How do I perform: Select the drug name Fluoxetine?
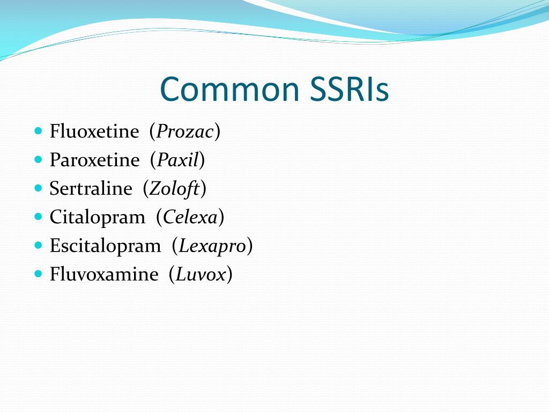(94, 131)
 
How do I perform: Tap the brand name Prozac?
(185, 131)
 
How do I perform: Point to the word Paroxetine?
(94, 160)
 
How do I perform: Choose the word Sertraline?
(91, 189)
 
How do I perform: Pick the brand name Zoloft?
(174, 189)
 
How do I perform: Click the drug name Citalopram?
(97, 217)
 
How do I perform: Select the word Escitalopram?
(105, 246)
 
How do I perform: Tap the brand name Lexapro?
(212, 246)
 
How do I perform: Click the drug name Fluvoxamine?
(104, 275)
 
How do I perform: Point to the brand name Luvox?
(200, 275)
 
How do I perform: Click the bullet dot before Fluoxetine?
(38, 130)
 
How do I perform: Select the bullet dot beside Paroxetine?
(38, 159)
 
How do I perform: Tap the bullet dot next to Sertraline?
(38, 188)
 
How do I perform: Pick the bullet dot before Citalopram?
(38, 217)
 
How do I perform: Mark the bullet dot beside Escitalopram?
(38, 245)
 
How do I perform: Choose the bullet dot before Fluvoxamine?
(38, 274)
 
